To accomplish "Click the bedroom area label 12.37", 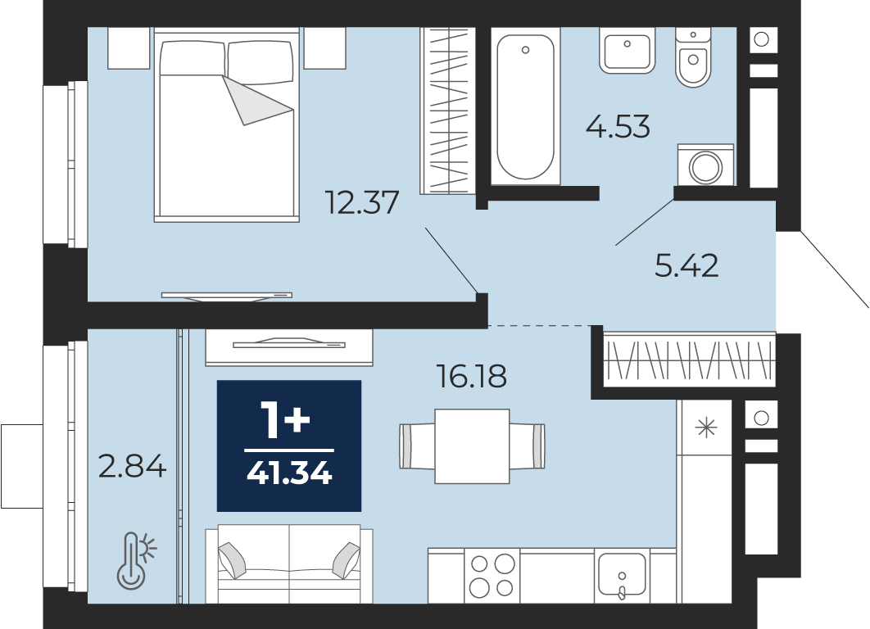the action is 362,202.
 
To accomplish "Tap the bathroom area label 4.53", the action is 618,126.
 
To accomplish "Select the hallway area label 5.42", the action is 686,265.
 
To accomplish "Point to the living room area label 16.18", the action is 472,377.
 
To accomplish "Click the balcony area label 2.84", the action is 132,466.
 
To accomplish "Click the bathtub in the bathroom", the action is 525,106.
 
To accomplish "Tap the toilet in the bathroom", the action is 693,57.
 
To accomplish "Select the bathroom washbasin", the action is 627,51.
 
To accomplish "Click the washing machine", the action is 706,165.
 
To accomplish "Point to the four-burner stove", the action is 492,575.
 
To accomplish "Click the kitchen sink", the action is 622,575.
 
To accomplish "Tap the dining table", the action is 472,446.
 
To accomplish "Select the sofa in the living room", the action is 289,564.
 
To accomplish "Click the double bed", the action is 226,125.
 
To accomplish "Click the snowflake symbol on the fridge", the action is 706,428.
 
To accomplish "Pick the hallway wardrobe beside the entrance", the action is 689,360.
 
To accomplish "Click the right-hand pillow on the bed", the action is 261,62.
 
